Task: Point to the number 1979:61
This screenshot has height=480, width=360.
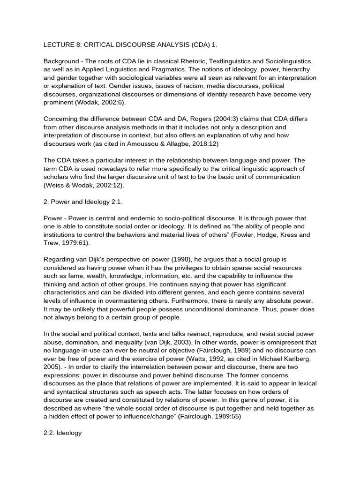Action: (x=75, y=243)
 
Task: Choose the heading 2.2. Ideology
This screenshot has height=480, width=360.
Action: (x=62, y=433)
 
